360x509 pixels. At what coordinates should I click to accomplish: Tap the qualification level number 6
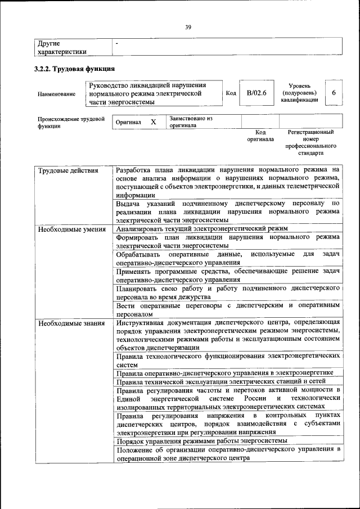334,93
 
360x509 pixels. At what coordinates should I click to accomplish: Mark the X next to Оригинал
153,121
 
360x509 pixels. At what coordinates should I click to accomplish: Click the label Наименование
57,94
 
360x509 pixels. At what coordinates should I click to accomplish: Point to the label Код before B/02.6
231,93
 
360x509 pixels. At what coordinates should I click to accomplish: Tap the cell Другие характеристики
62,47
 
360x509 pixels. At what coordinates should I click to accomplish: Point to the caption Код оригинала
260,136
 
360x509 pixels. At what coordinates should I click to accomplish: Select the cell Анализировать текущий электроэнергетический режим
201,229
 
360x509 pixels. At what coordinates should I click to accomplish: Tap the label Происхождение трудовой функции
71,123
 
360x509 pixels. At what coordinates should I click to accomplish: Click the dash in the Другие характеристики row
116,43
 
